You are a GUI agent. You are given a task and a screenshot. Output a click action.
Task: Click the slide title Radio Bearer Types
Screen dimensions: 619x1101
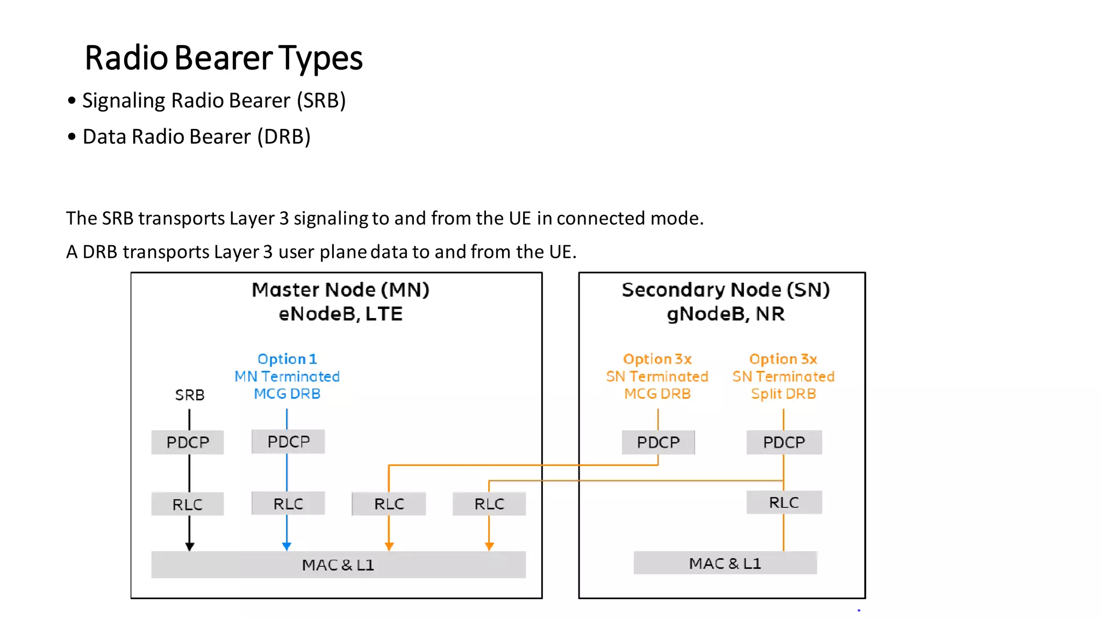(x=224, y=58)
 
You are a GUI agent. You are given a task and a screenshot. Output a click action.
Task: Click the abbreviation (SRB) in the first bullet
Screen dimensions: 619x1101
(x=321, y=100)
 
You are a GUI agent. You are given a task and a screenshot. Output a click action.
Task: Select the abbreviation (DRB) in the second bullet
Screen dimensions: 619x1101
(x=283, y=137)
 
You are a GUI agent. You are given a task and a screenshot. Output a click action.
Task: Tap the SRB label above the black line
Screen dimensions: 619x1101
(x=189, y=395)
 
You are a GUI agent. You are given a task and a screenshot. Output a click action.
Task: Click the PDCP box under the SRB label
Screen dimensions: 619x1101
(x=187, y=442)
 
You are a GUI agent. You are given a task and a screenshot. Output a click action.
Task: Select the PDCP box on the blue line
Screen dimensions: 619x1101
(x=288, y=442)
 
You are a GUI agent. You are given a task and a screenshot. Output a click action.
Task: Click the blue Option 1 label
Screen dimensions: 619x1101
(x=287, y=359)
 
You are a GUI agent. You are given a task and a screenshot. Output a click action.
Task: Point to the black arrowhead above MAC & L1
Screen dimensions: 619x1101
(x=189, y=546)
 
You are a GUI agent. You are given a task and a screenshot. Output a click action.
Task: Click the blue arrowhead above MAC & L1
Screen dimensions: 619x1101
(x=287, y=546)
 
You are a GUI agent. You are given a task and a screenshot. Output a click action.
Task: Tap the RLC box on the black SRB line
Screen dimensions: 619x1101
(x=187, y=505)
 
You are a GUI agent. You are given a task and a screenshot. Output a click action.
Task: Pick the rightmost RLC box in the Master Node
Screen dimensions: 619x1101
(x=489, y=504)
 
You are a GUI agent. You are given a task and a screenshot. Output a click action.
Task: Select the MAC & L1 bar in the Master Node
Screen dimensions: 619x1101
(x=338, y=565)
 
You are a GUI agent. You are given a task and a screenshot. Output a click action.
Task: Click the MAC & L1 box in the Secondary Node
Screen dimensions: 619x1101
(x=725, y=563)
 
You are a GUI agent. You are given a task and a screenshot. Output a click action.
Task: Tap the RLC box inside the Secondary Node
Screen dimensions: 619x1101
(x=783, y=502)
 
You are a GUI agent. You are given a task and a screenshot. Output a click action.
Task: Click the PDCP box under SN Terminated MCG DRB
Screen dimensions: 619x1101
(x=658, y=442)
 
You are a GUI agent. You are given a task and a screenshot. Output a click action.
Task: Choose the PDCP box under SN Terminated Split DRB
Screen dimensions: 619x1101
(x=783, y=442)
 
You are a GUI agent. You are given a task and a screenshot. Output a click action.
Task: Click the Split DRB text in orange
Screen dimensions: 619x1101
(x=783, y=394)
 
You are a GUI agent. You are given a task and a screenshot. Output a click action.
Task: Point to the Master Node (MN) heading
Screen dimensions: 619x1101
(x=340, y=290)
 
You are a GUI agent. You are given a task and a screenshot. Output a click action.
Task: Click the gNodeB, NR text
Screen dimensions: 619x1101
(x=725, y=314)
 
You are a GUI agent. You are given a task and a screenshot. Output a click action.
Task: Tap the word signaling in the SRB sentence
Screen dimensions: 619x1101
(x=330, y=219)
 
